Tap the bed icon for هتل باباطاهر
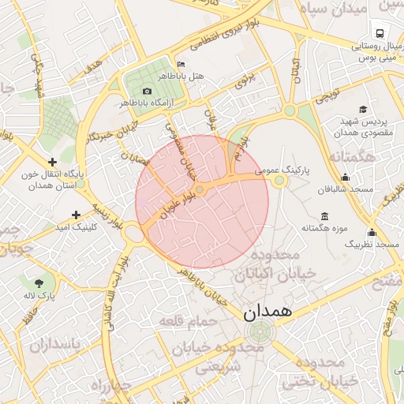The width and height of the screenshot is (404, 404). click(x=181, y=65)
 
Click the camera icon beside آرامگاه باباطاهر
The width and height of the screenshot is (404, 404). click(x=147, y=92)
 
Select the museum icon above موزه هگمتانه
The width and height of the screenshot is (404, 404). click(x=325, y=216)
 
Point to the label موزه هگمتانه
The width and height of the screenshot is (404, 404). click(x=324, y=228)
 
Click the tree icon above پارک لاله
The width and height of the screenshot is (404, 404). click(x=39, y=282)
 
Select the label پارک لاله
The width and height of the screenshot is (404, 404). click(x=39, y=295)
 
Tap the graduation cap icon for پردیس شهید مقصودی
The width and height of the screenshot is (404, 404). click(x=363, y=110)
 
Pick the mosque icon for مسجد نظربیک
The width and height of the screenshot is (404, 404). click(x=372, y=233)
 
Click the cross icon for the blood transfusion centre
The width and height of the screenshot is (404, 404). click(x=52, y=162)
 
